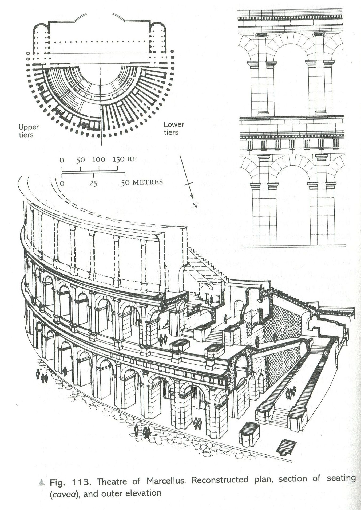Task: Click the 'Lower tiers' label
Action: click(x=174, y=128)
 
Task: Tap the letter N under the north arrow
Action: click(x=195, y=205)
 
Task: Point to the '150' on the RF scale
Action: click(x=118, y=160)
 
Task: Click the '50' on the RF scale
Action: click(x=80, y=160)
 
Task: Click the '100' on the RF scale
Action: click(x=99, y=160)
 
